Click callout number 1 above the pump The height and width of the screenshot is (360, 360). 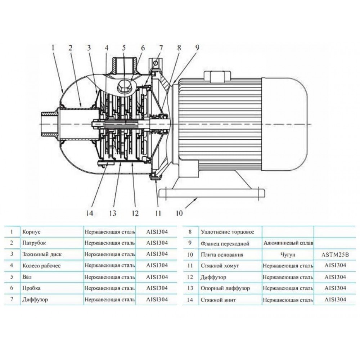pos(53,47)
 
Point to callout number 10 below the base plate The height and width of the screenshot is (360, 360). pos(179,213)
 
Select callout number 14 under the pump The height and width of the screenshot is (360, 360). pos(89,213)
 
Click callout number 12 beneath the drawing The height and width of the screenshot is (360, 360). pos(135,213)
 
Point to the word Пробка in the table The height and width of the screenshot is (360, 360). pos(31,288)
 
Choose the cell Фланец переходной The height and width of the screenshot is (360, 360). pos(225,244)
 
